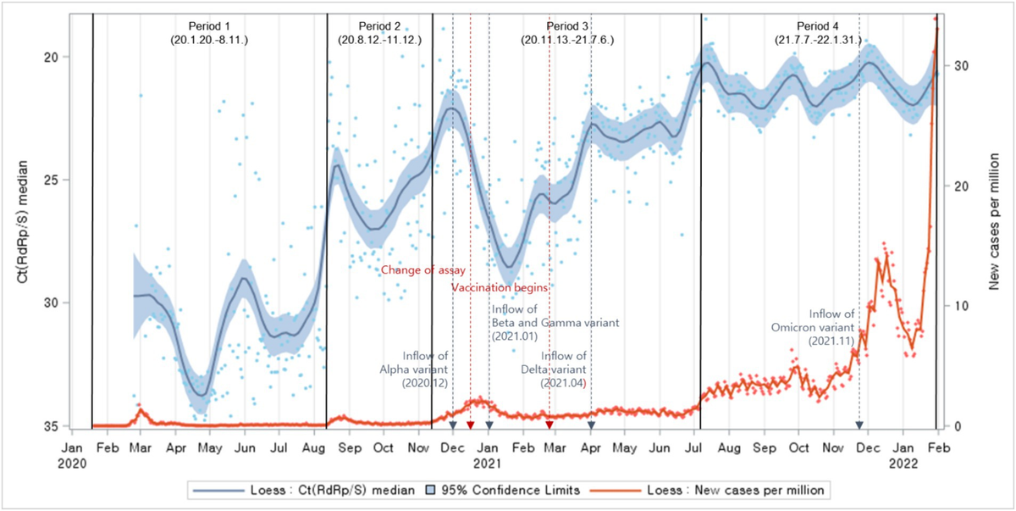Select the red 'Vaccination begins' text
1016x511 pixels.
coord(500,288)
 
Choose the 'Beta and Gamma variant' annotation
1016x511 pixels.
coord(556,323)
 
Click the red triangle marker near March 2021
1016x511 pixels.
coord(549,425)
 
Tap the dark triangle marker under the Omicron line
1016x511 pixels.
coord(859,425)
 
